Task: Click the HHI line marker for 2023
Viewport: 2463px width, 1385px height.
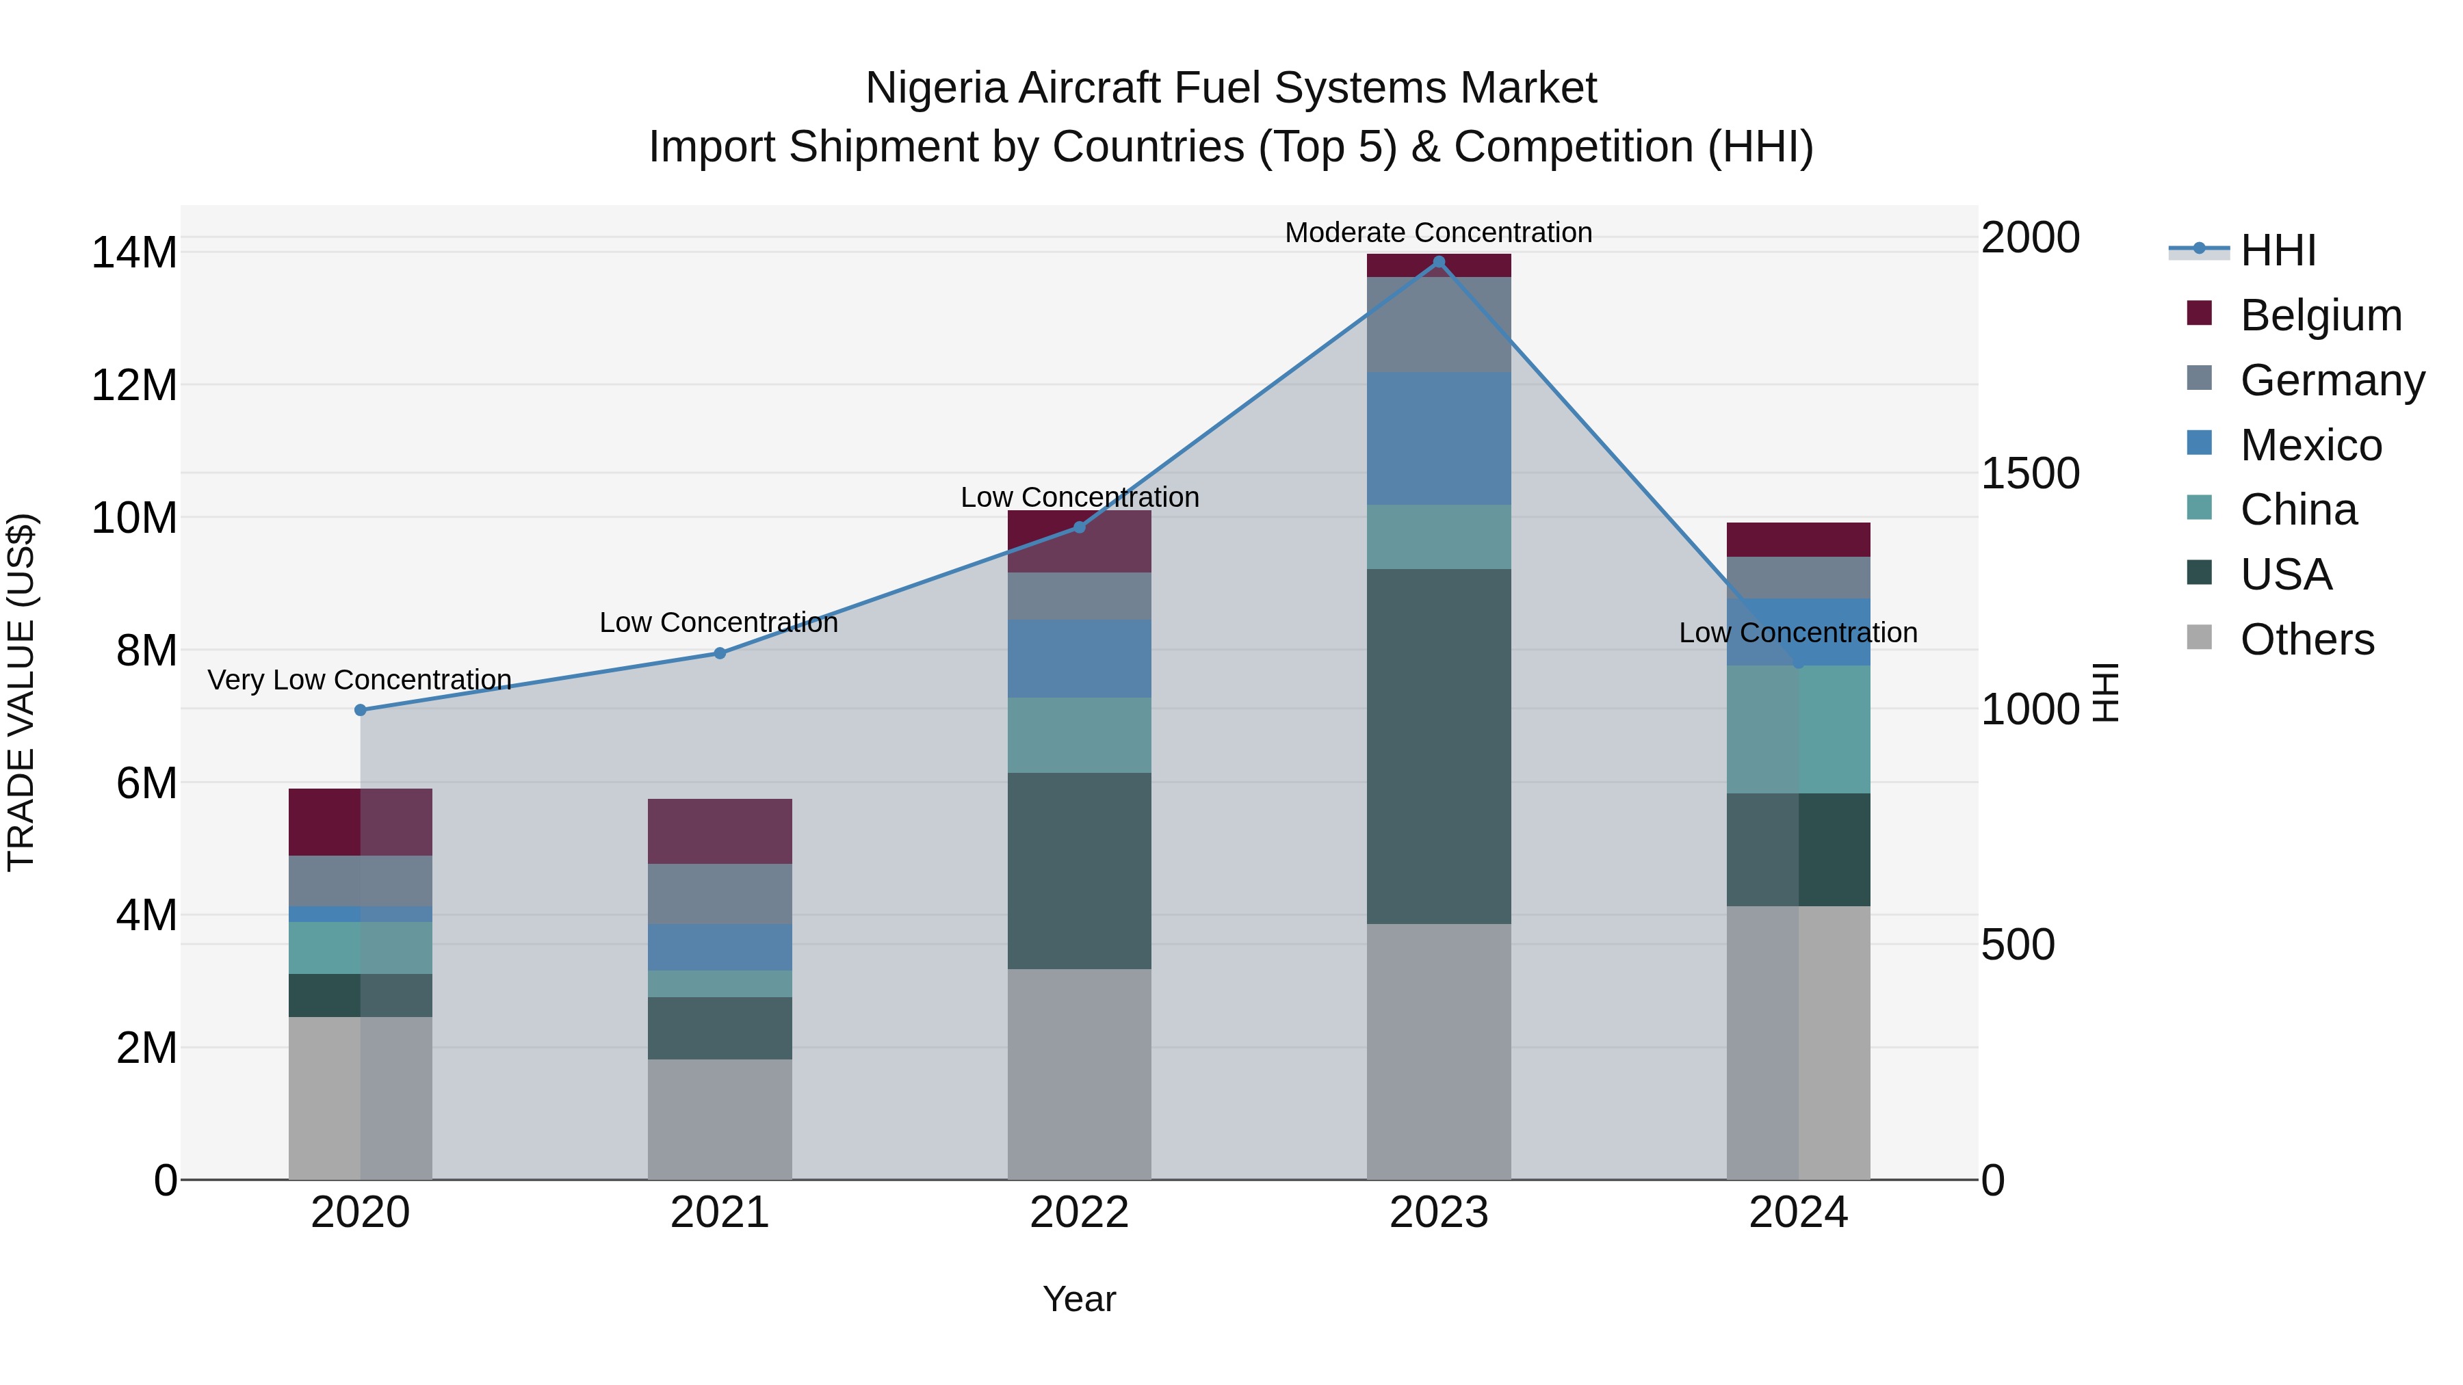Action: pos(1439,262)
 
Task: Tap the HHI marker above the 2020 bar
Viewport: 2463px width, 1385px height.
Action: pos(361,710)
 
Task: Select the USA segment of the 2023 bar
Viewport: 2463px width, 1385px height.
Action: pos(1439,746)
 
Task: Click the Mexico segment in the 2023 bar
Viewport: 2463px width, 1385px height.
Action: pos(1439,438)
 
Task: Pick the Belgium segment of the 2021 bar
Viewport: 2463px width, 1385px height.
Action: pos(720,830)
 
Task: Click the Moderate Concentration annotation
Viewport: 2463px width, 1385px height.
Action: pos(1438,233)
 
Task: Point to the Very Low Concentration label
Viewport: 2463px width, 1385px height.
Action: pos(359,680)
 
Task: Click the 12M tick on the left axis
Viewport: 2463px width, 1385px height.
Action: pos(134,385)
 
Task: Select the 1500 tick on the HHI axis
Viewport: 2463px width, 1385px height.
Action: pos(2029,473)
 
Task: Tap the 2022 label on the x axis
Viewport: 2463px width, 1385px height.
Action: pos(1080,1213)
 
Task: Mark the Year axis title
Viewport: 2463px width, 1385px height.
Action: pos(1080,1299)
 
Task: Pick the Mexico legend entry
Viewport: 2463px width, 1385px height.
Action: pos(2310,445)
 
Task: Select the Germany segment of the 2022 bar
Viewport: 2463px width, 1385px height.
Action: pos(1080,596)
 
